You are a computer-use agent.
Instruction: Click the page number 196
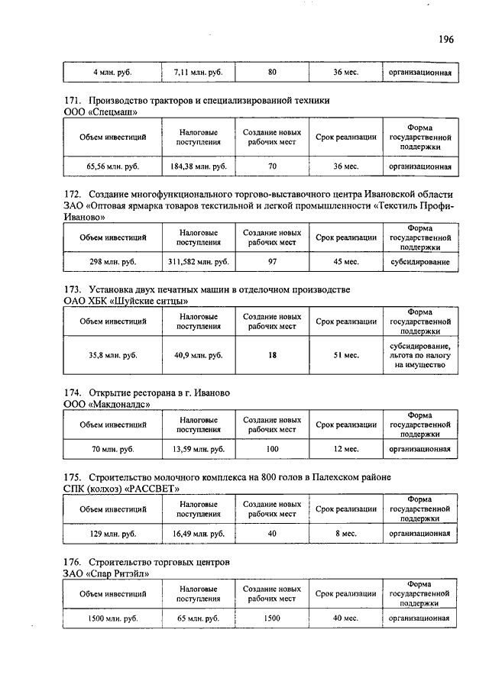pos(446,39)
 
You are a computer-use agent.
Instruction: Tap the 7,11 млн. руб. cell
pos(198,73)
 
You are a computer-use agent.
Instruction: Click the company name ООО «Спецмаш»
pos(100,112)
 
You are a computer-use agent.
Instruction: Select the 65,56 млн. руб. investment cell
pos(112,166)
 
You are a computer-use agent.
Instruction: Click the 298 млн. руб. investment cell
pos(112,262)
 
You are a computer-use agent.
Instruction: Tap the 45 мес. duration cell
pos(346,262)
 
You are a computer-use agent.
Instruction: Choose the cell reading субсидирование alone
pos(420,262)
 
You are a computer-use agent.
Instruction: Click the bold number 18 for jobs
pos(272,355)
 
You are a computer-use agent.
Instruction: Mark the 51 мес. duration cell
pos(346,355)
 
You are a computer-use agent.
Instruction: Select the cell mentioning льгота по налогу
pos(420,355)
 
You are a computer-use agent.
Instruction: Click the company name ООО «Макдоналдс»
pos(107,404)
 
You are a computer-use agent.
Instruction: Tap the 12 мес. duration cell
pos(346,449)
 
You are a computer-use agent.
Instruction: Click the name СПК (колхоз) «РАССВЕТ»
pos(122,489)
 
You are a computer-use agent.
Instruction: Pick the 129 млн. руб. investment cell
pos(112,534)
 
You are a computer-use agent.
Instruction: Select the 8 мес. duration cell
pos(346,534)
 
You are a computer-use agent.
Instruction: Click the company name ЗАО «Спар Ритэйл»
pos(106,573)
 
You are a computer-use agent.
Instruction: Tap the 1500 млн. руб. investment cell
pos(112,618)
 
